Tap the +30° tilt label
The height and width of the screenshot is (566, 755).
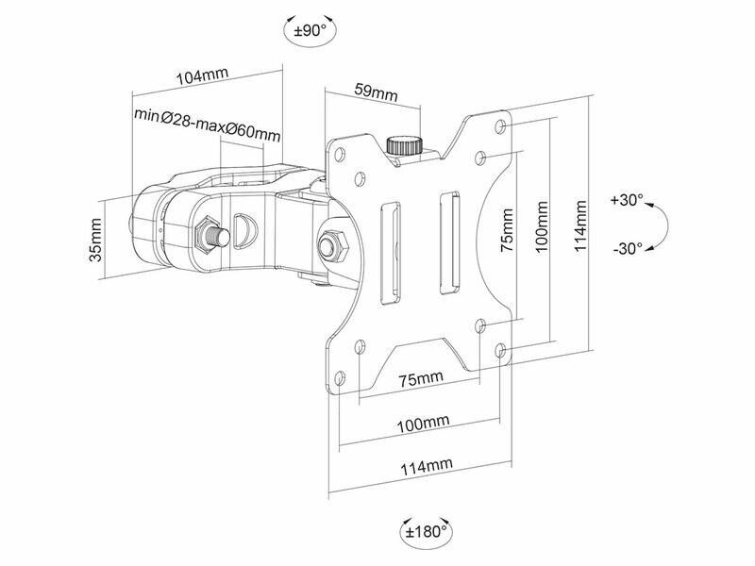(x=627, y=200)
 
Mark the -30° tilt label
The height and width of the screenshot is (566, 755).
(x=627, y=249)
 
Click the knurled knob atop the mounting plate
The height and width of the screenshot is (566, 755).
(x=404, y=145)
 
